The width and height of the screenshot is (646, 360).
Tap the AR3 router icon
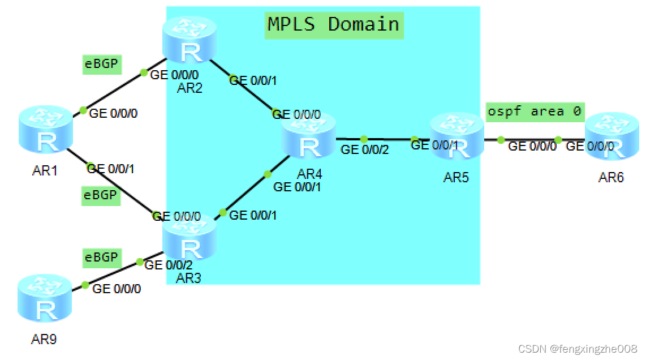coord(190,241)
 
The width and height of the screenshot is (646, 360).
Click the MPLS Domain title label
coord(334,24)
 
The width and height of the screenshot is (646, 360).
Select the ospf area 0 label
coord(534,112)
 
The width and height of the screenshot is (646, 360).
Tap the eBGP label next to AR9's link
coord(101,258)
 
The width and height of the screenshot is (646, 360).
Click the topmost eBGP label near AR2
coord(101,65)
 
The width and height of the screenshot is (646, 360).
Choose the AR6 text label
coord(611,178)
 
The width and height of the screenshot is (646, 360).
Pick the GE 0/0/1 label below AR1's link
coord(111,168)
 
